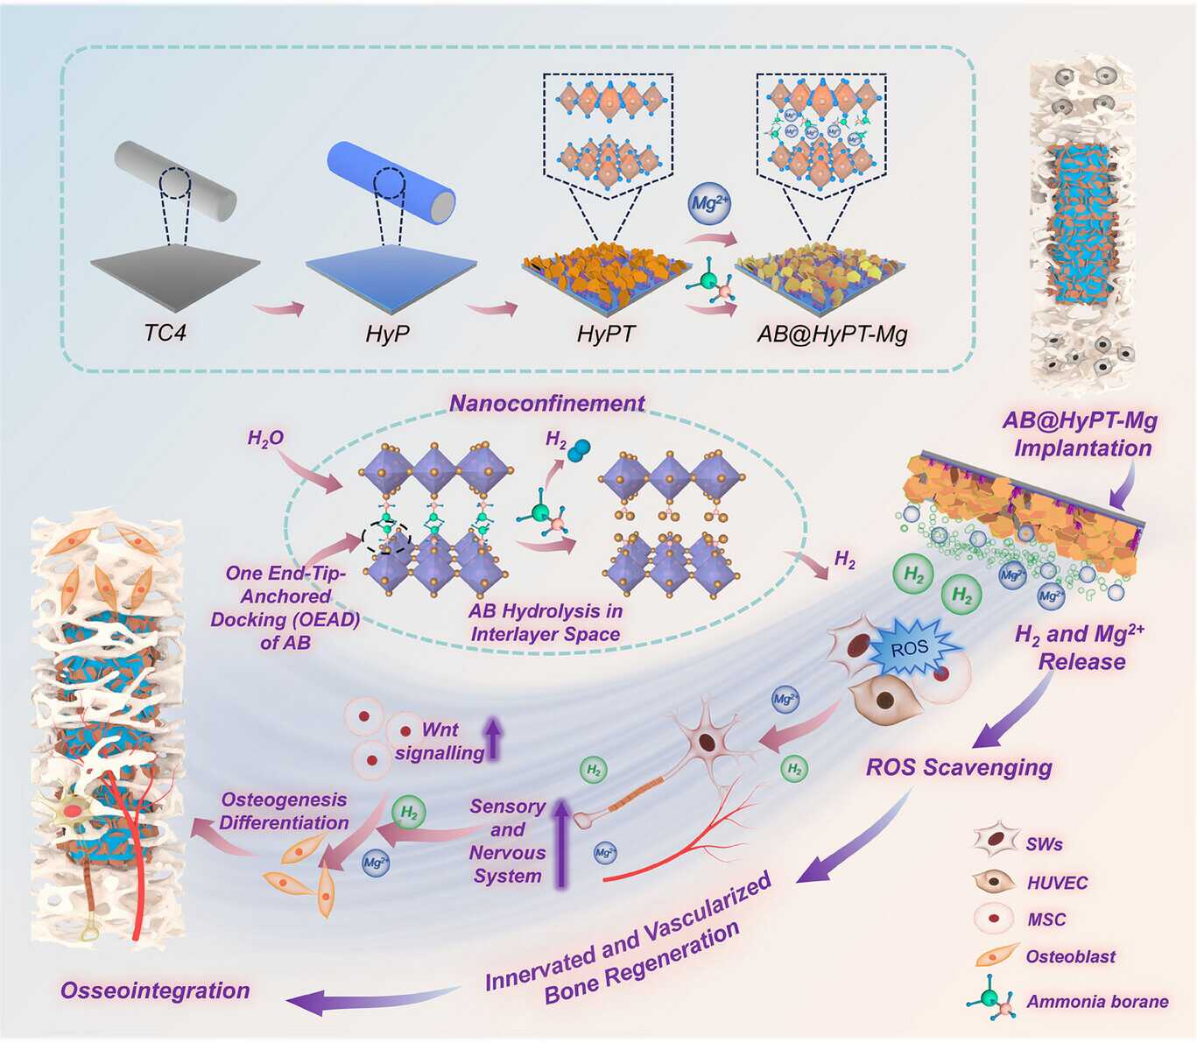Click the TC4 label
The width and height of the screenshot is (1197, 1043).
click(165, 333)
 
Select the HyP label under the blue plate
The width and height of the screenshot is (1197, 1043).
click(388, 334)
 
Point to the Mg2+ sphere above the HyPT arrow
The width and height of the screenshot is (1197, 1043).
click(709, 204)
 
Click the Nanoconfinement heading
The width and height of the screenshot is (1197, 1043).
click(547, 404)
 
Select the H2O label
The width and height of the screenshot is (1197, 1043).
click(265, 438)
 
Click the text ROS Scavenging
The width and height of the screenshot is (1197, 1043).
click(959, 768)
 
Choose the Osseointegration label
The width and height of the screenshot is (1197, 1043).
click(155, 990)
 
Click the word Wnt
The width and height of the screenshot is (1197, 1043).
click(440, 729)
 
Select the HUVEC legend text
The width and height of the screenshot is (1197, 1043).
click(1057, 883)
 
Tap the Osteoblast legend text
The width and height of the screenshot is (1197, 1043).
click(1070, 956)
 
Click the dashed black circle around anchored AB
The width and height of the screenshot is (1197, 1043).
click(387, 536)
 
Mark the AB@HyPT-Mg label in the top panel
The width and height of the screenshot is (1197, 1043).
click(832, 334)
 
